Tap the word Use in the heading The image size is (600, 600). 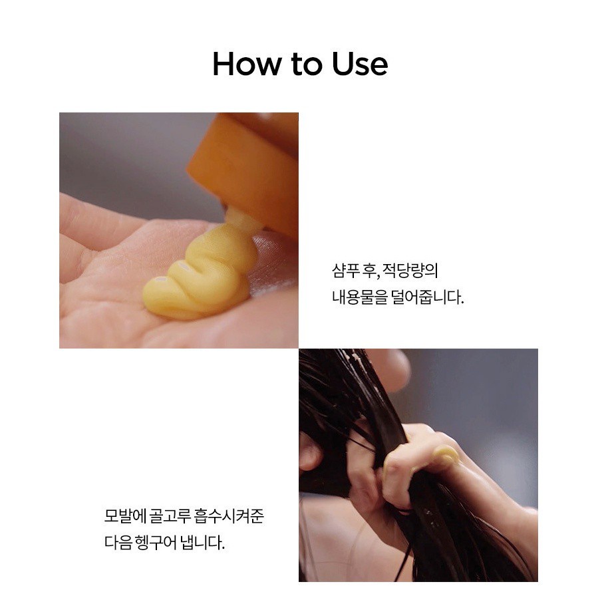pyautogui.click(x=360, y=64)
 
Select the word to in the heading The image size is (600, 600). pyautogui.click(x=306, y=65)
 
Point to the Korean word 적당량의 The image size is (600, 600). pyautogui.click(x=410, y=271)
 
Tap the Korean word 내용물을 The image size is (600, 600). pyautogui.click(x=360, y=297)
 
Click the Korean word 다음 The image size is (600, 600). pyautogui.click(x=118, y=542)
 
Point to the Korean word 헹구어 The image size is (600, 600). pyautogui.click(x=156, y=542)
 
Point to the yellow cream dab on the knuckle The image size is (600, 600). pyautogui.click(x=447, y=456)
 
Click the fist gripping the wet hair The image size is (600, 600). pyautogui.click(x=413, y=467)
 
